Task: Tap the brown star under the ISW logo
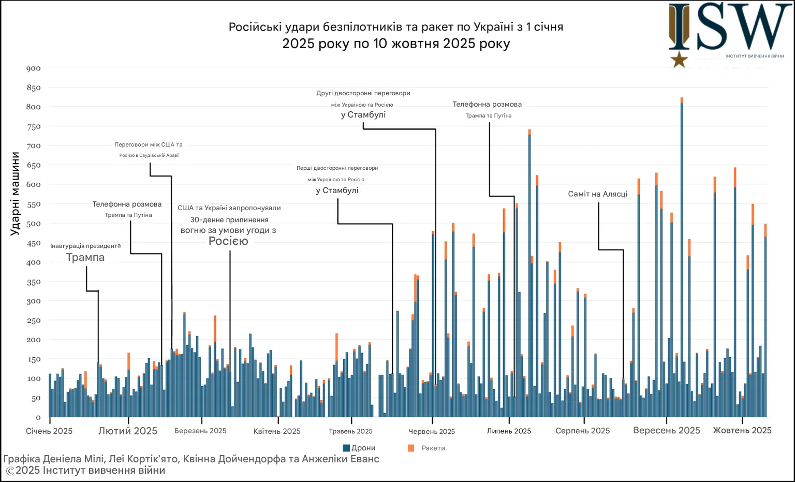click(679, 60)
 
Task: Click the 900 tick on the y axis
click(34, 68)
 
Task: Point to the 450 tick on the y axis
click(34, 243)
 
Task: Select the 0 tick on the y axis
click(38, 417)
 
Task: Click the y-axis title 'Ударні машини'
click(15, 194)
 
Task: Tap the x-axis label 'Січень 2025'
click(49, 431)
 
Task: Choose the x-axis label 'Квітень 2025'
click(277, 431)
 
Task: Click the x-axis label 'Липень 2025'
click(509, 431)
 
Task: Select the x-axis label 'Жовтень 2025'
click(742, 431)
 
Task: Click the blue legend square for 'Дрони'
click(346, 448)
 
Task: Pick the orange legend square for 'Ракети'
click(411, 448)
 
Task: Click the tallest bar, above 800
click(682, 259)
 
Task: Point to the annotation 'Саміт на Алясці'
click(597, 194)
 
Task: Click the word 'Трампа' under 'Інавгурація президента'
click(85, 258)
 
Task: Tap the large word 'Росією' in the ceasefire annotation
click(228, 241)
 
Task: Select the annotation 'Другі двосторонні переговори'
click(363, 93)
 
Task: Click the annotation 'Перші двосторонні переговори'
click(337, 168)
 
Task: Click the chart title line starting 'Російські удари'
click(396, 27)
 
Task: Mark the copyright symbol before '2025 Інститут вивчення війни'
click(10, 471)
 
